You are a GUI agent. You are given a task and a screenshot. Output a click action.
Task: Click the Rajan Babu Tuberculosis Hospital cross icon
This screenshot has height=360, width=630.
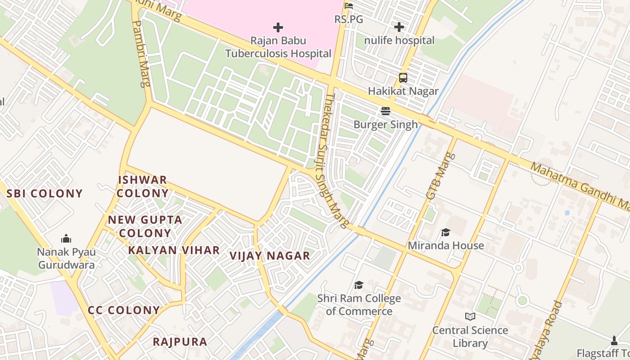(278, 27)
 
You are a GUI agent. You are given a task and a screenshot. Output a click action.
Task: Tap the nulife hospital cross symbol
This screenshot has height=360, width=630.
(399, 27)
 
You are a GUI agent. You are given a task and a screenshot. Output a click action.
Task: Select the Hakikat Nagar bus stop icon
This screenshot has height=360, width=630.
(403, 78)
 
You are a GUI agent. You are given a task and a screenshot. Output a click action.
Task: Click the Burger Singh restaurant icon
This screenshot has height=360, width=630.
(386, 111)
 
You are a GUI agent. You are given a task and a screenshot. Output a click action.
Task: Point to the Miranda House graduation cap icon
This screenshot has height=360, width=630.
(445, 232)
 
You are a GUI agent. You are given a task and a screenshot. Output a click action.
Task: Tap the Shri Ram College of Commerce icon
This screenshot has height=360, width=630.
(359, 285)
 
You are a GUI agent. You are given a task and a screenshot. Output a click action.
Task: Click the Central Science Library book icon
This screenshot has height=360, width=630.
(470, 317)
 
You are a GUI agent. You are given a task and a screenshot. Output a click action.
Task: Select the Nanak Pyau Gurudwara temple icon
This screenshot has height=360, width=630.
(66, 238)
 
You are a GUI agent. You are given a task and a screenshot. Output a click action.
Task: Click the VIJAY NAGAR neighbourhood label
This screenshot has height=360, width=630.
(270, 256)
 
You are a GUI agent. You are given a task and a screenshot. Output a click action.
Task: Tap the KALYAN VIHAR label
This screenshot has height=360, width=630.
(174, 250)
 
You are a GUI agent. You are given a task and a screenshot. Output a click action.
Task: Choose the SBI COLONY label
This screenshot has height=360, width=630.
(45, 193)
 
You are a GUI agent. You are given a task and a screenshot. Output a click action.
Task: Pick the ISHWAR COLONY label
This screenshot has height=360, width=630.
(143, 186)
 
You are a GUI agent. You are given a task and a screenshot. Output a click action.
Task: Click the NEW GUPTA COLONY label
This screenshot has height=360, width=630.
(145, 226)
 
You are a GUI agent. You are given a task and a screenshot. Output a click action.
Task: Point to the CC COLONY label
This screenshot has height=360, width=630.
(124, 310)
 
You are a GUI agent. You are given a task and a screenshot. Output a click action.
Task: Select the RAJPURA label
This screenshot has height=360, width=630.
(180, 342)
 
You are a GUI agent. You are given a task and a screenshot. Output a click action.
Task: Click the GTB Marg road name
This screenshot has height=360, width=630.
(438, 176)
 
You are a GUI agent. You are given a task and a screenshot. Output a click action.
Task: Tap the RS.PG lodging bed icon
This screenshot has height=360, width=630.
(349, 6)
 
